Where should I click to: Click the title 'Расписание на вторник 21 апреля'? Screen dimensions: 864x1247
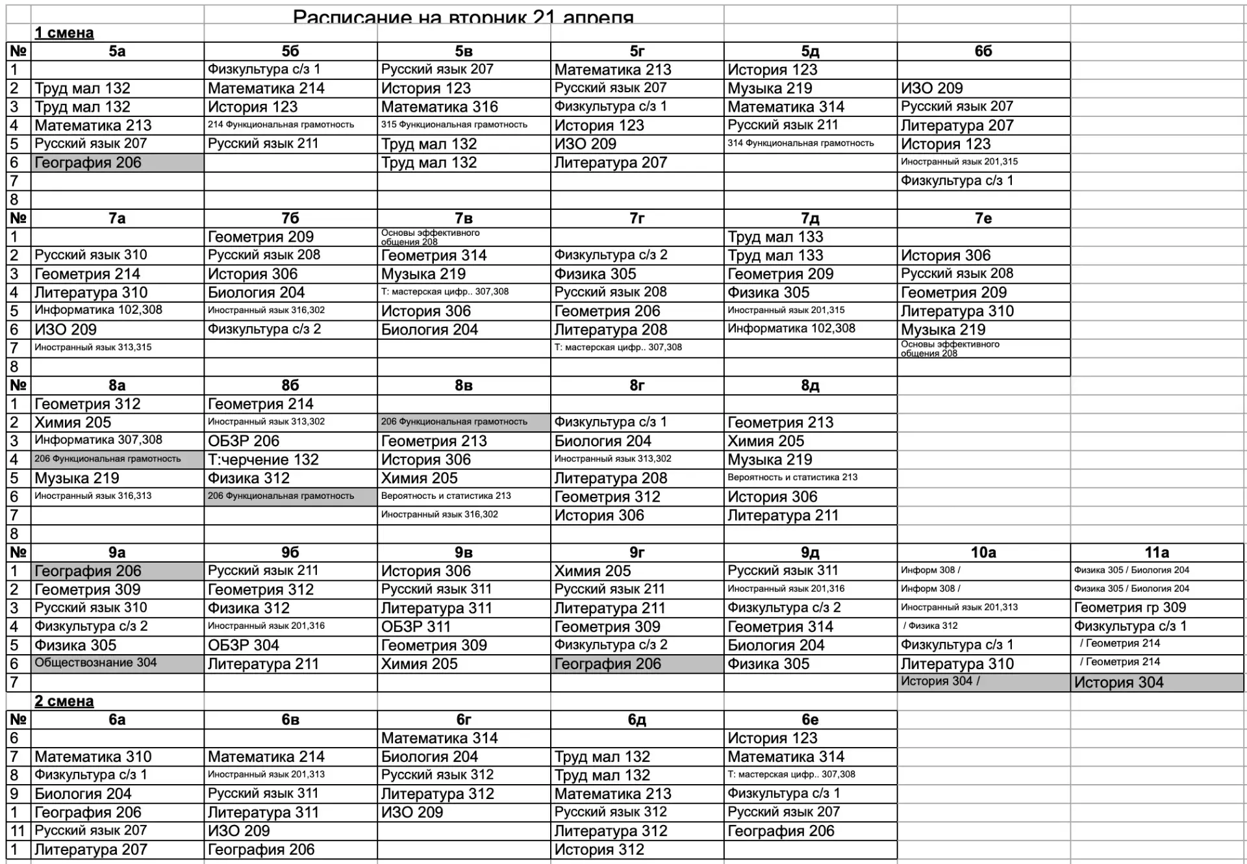coord(463,16)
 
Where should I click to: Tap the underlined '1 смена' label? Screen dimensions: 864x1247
coord(64,33)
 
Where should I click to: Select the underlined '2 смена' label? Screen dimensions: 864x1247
coord(64,702)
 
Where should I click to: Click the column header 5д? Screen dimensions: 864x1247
coord(810,51)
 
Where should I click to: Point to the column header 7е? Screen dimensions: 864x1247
coord(983,218)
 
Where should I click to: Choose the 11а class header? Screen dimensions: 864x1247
coord(1157,553)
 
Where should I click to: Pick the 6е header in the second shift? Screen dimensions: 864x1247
coord(810,720)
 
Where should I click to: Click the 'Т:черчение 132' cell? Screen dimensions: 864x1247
coord(263,460)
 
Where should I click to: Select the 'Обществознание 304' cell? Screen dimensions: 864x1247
coord(95,663)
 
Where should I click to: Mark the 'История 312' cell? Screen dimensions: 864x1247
coord(599,850)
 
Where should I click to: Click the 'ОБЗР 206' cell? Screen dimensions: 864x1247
coord(244,441)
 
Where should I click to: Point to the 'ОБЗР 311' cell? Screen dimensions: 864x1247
coord(416,627)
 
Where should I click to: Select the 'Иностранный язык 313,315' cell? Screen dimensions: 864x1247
coord(93,348)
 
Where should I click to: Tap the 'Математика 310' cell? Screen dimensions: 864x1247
coord(93,757)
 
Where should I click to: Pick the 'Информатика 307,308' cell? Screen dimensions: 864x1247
coord(98,440)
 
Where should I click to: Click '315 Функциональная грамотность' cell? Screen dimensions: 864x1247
coord(454,125)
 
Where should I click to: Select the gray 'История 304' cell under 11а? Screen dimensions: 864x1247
coord(1118,683)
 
